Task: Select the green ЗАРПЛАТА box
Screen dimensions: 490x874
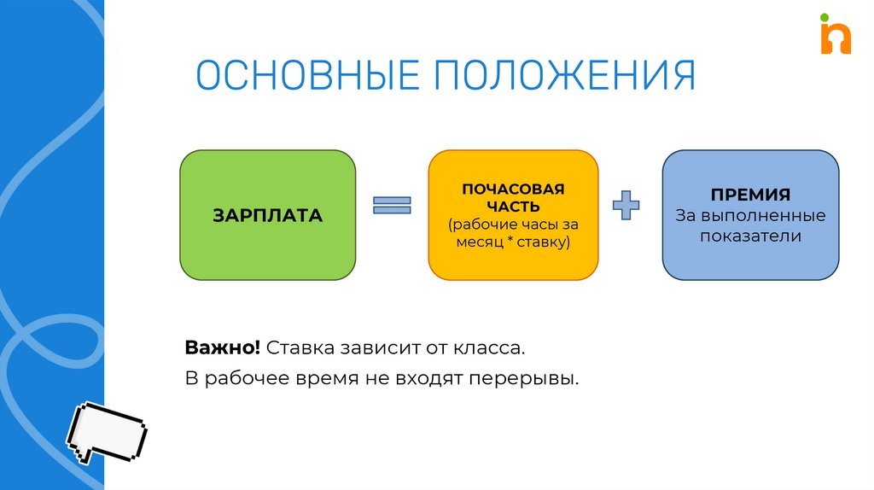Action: (267, 215)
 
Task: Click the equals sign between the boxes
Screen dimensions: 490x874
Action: (392, 205)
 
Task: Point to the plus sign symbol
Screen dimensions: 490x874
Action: (627, 206)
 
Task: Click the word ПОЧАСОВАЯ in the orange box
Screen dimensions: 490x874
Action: (513, 188)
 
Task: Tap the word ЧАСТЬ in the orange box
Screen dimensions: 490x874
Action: (513, 206)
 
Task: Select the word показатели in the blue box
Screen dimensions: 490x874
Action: (751, 236)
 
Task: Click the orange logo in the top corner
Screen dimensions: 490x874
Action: (835, 37)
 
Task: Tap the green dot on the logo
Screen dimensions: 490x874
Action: (824, 16)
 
